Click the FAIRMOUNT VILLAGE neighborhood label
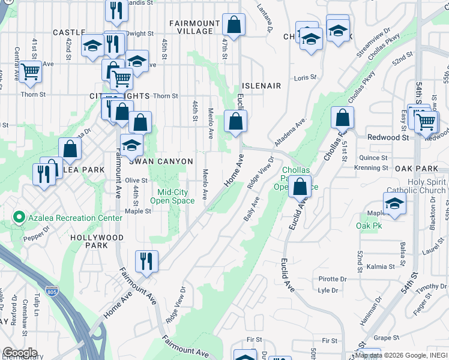[191, 27]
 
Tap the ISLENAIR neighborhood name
[261, 86]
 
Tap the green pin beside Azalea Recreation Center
[19, 218]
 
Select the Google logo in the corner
[20, 353]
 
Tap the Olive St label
[136, 180]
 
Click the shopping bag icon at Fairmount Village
[234, 25]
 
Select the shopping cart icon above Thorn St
[30, 73]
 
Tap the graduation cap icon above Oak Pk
[394, 204]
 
